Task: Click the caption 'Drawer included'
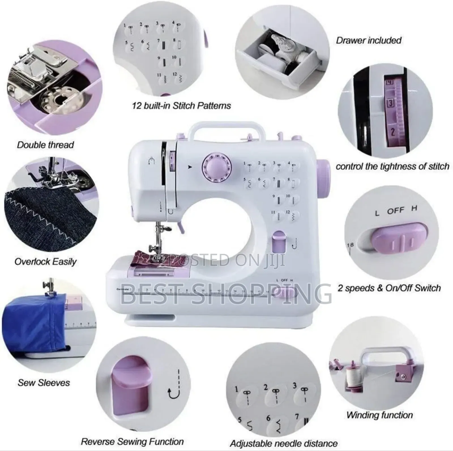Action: point(369,40)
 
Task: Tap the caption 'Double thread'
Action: point(45,145)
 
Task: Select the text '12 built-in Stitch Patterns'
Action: point(181,106)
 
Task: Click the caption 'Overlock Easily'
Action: point(45,261)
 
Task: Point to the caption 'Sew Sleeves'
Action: point(44,383)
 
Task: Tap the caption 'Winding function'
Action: point(379,415)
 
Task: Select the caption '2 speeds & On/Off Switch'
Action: point(389,288)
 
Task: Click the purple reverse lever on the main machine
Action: point(279,241)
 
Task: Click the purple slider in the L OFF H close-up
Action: point(399,238)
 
